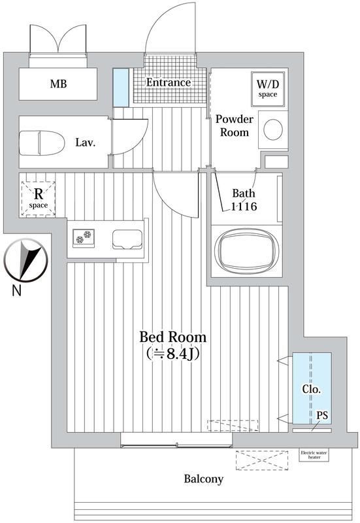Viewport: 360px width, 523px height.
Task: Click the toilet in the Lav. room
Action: pyautogui.click(x=42, y=143)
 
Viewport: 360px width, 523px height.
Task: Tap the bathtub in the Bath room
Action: pyautogui.click(x=247, y=251)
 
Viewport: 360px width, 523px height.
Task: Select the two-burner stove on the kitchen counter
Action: pyautogui.click(x=84, y=238)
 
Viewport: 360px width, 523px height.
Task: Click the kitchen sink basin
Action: pyautogui.click(x=127, y=239)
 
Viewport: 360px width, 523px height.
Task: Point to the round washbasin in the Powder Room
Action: pyautogui.click(x=273, y=129)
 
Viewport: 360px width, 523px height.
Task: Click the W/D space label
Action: pyautogui.click(x=268, y=89)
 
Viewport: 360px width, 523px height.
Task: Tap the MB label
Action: pyautogui.click(x=58, y=84)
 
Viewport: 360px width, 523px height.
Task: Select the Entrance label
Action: pyautogui.click(x=169, y=82)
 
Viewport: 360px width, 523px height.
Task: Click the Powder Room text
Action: pyautogui.click(x=235, y=126)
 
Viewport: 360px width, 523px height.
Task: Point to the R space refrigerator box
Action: pyautogui.click(x=38, y=199)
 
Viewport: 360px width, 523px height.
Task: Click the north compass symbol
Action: pyautogui.click(x=26, y=260)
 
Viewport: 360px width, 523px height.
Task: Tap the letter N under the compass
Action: pyautogui.click(x=17, y=290)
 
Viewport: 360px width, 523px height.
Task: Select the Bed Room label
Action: pyautogui.click(x=172, y=337)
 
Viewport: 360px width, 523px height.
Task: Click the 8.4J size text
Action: pyautogui.click(x=173, y=354)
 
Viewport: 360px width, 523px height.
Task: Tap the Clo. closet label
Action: pyautogui.click(x=312, y=389)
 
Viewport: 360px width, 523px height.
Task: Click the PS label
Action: pyautogui.click(x=322, y=416)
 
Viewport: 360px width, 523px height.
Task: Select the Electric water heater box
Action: pyautogui.click(x=314, y=455)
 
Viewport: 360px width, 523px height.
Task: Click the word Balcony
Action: pyautogui.click(x=204, y=479)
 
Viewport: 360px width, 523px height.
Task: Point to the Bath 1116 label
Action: pyautogui.click(x=244, y=200)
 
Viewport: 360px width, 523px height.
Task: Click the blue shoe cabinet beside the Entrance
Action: pyautogui.click(x=121, y=88)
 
